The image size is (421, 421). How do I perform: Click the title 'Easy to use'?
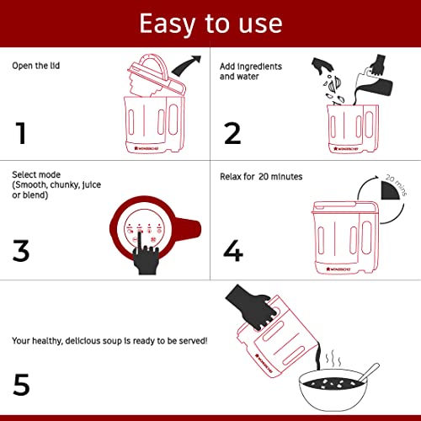pyautogui.click(x=210, y=24)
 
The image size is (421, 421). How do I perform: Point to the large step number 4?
pyautogui.click(x=234, y=250)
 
